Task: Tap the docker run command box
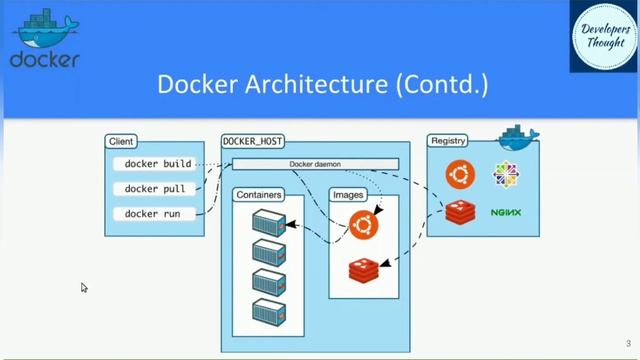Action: point(152,213)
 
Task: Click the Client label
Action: point(121,142)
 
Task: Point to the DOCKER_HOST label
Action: point(251,142)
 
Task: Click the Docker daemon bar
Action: point(316,164)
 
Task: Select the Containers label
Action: point(258,195)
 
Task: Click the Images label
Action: point(348,195)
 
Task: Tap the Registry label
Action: point(448,141)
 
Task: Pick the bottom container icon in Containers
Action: point(269,311)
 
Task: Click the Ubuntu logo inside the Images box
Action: point(364,225)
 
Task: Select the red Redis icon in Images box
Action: point(364,269)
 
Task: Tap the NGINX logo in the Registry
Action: point(507,213)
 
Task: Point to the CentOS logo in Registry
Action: point(507,174)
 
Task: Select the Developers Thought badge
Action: point(604,36)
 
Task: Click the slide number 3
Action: point(627,343)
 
